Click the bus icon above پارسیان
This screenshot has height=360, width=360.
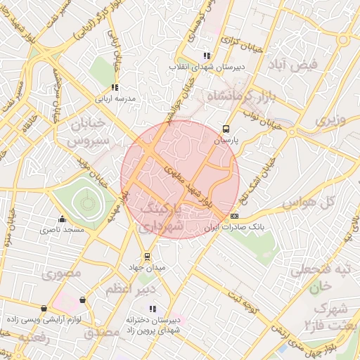[x=226, y=129]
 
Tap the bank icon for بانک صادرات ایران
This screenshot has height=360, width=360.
[x=234, y=216]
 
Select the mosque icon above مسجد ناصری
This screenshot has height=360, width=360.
[x=63, y=219]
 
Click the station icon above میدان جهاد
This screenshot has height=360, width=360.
[x=147, y=257]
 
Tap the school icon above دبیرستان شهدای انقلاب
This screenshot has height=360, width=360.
[x=205, y=56]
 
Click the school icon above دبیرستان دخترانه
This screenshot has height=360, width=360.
[x=153, y=309]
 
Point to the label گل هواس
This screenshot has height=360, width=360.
[x=307, y=202]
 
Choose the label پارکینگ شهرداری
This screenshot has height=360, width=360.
[x=162, y=218]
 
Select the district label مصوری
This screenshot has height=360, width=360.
[x=61, y=274]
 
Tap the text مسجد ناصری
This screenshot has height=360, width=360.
[x=62, y=229]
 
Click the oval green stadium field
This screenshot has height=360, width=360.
[x=86, y=205]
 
